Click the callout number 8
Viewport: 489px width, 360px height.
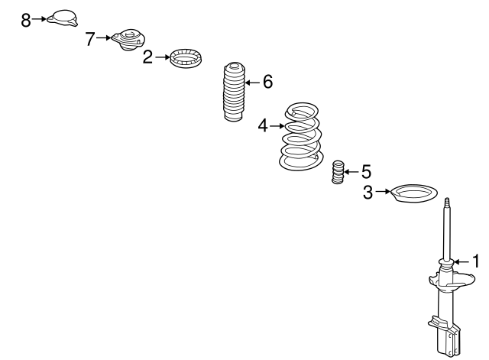26,21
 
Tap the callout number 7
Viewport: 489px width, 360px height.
90,39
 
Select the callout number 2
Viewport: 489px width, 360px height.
147,57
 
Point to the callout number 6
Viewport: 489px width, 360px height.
267,82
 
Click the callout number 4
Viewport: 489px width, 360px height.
263,126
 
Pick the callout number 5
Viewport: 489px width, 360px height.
366,172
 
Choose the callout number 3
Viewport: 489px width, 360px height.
368,192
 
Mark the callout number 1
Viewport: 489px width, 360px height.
475,261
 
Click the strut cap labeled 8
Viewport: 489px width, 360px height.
63,18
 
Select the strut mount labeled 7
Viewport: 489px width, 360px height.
128,40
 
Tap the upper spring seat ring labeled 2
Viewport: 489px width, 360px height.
186,58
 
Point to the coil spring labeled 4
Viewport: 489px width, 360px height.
300,136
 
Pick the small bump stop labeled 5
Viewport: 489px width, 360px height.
338,172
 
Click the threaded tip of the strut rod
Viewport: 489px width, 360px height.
447,201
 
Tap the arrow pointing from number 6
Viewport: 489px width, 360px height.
252,83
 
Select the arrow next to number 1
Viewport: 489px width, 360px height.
461,262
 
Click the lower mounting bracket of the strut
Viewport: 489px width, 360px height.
445,336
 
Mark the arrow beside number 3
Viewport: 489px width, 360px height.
383,191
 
